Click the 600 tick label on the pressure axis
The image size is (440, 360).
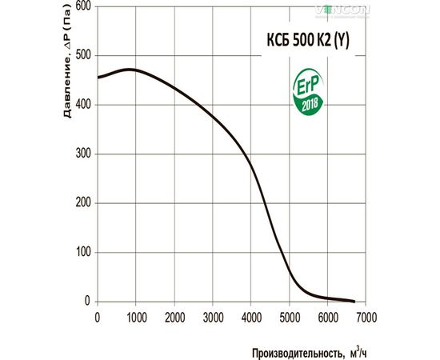(x=82, y=6)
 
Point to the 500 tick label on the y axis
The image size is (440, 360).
(x=82, y=55)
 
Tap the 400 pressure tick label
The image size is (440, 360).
(x=82, y=105)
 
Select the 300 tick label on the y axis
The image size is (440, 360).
(x=82, y=154)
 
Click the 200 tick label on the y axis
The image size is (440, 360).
(x=82, y=203)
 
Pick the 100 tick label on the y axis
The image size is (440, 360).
(x=82, y=252)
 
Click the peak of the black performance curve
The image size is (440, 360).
(x=130, y=70)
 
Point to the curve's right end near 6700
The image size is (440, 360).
(x=354, y=302)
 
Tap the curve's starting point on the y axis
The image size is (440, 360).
(x=98, y=78)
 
